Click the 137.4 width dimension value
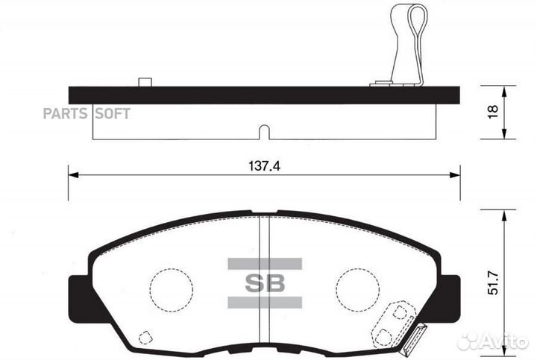coord(263,166)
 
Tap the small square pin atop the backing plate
coord(146,82)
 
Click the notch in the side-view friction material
coord(263,133)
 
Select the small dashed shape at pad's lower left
coord(146,336)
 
